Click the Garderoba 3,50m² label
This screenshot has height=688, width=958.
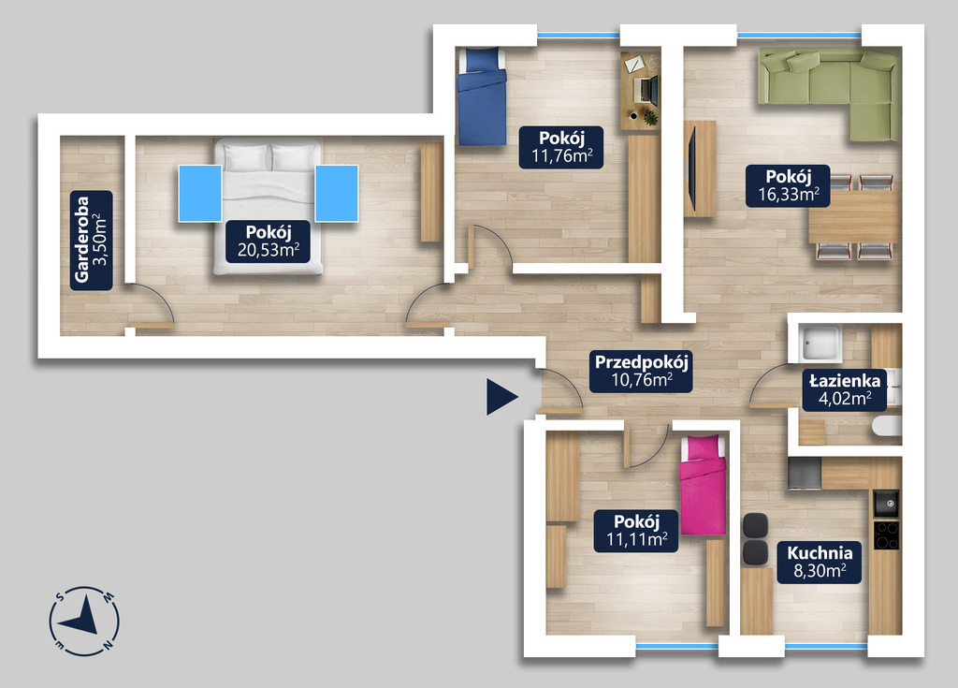(x=92, y=240)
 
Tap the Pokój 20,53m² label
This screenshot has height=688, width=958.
(x=268, y=242)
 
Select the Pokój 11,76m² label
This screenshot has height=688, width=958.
(x=561, y=147)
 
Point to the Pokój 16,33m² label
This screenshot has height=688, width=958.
(x=788, y=185)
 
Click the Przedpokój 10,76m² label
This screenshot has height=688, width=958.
(x=641, y=372)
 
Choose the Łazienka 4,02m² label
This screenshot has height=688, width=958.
(x=845, y=389)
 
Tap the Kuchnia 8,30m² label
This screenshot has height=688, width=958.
(x=820, y=562)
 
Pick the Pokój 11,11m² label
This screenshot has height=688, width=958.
(x=636, y=531)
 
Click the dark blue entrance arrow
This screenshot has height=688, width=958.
(x=502, y=397)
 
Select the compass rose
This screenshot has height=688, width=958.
(x=83, y=621)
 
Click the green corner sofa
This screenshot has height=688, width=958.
(x=830, y=95)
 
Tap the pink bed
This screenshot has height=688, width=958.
(x=704, y=485)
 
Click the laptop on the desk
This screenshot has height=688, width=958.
(x=646, y=89)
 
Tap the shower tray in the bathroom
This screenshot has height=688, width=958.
(x=821, y=344)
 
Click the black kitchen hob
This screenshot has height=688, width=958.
(x=886, y=534)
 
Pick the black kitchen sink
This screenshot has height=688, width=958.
(x=886, y=504)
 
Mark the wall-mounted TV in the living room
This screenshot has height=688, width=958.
(x=691, y=168)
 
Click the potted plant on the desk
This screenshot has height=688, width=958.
(x=650, y=119)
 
